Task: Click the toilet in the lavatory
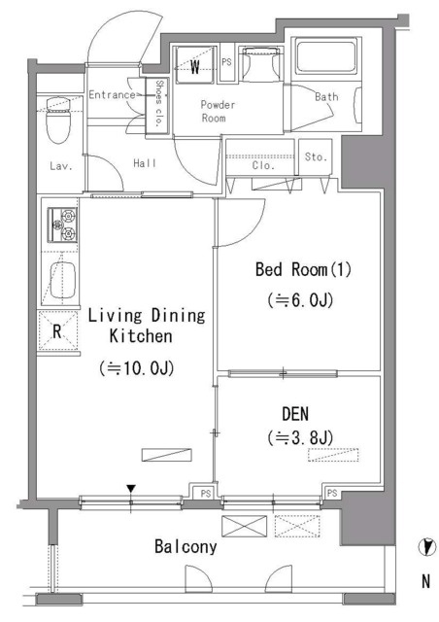[57, 121]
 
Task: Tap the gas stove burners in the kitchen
[63, 225]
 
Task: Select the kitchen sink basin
[62, 280]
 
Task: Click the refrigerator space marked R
[58, 330]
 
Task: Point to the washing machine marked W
[195, 65]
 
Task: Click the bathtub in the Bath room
[326, 56]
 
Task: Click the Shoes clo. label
[159, 104]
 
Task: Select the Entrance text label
[112, 95]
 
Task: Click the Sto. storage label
[316, 156]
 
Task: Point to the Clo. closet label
[263, 165]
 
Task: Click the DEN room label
[295, 414]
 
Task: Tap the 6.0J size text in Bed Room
[300, 300]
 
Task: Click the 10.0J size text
[137, 368]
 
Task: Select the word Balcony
[186, 546]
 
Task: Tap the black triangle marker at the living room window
[131, 488]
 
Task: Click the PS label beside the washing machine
[226, 62]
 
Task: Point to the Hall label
[145, 162]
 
